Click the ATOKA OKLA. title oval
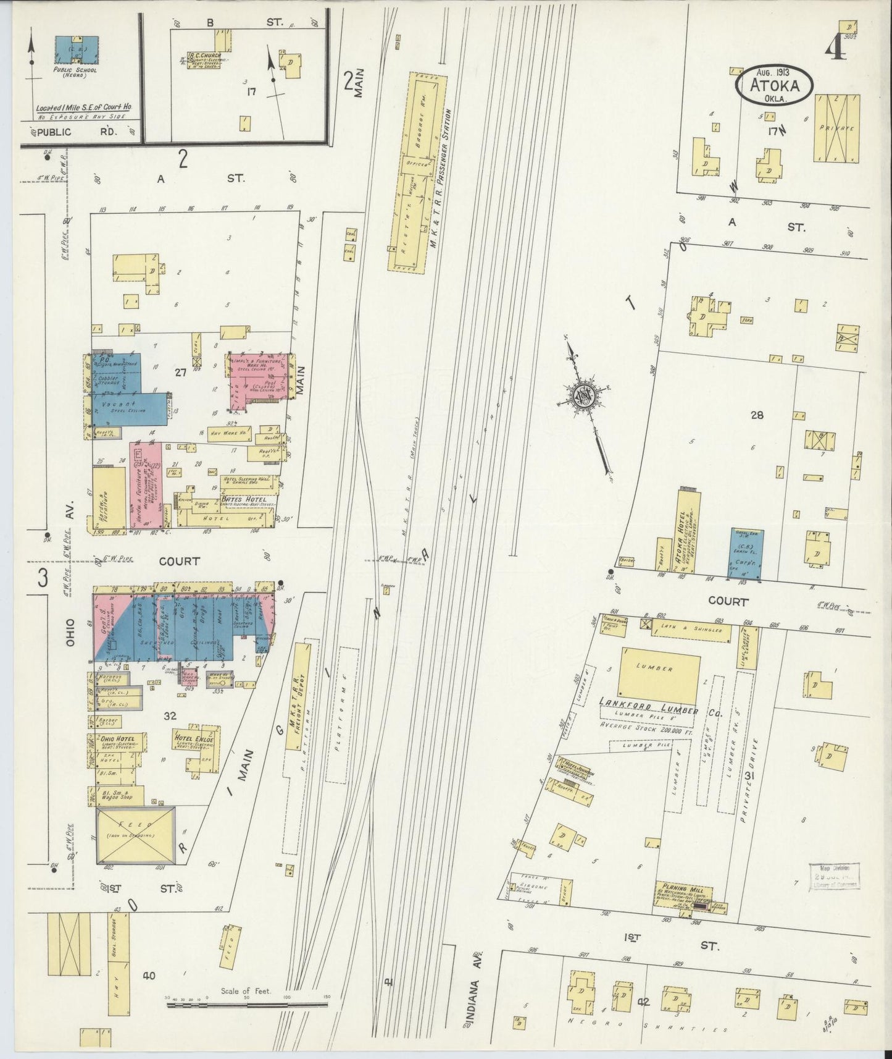774,85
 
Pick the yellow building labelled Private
837,128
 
